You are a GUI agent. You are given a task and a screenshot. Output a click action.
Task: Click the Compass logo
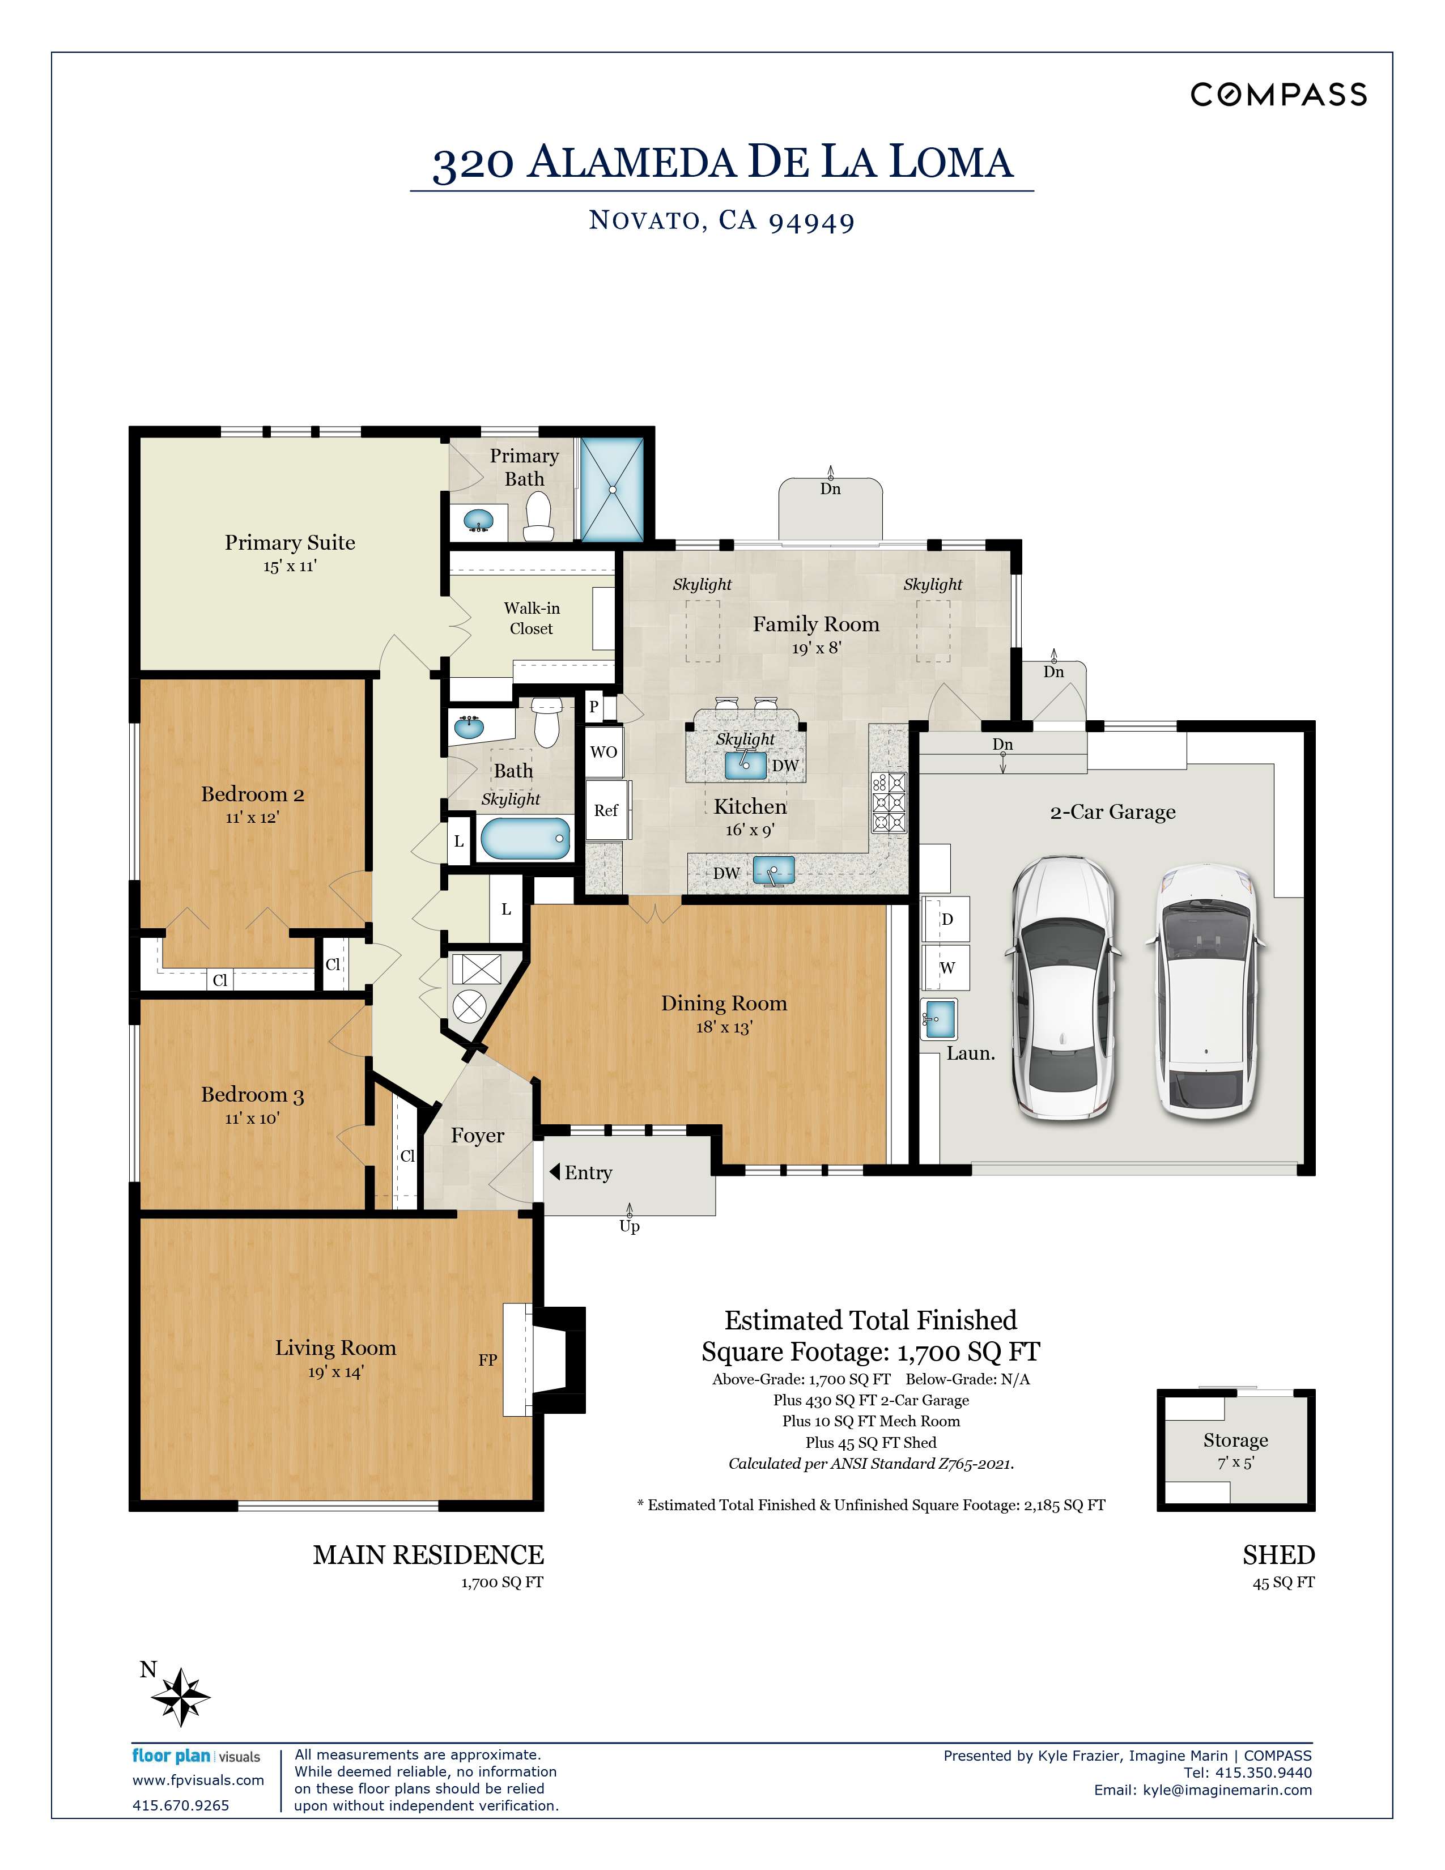click(x=1277, y=94)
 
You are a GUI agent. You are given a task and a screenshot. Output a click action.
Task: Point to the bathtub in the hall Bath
click(x=525, y=839)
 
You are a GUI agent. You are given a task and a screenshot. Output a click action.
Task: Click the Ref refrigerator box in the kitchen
click(x=606, y=810)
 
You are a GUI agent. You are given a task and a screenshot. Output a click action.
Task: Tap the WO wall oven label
click(x=603, y=752)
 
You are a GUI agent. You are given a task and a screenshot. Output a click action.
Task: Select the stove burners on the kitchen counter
click(x=889, y=802)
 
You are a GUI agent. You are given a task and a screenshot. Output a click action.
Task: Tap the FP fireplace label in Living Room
click(x=487, y=1359)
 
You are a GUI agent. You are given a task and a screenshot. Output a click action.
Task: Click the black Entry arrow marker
click(x=555, y=1171)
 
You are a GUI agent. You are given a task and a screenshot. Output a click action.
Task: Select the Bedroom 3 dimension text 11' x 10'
click(x=252, y=1118)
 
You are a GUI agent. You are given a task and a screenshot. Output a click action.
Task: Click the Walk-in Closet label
click(x=532, y=618)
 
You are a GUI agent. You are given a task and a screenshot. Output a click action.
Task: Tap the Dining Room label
click(x=724, y=1004)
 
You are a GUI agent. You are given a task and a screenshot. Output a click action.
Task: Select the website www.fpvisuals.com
click(x=198, y=1780)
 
